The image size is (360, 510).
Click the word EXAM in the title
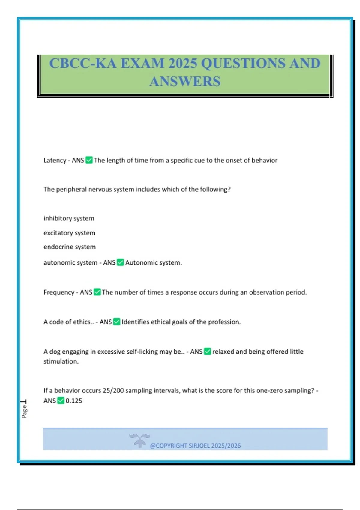142,64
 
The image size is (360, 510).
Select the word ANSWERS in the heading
185,82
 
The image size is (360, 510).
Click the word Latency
55,160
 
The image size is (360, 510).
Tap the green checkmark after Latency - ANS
89,160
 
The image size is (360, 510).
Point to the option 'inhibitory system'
69,218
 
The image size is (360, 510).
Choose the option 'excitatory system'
69,233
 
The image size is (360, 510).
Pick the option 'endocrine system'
70,247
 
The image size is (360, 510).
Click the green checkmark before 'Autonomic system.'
120,262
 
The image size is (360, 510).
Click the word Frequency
59,292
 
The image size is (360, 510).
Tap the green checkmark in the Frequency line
97,292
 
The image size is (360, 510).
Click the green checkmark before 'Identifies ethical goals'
117,322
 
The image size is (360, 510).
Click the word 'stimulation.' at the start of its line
61,361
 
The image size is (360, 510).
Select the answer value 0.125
74,401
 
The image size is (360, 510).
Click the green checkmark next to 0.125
61,400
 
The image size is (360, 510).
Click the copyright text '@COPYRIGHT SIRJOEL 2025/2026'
195,446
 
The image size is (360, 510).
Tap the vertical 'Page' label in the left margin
24,411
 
